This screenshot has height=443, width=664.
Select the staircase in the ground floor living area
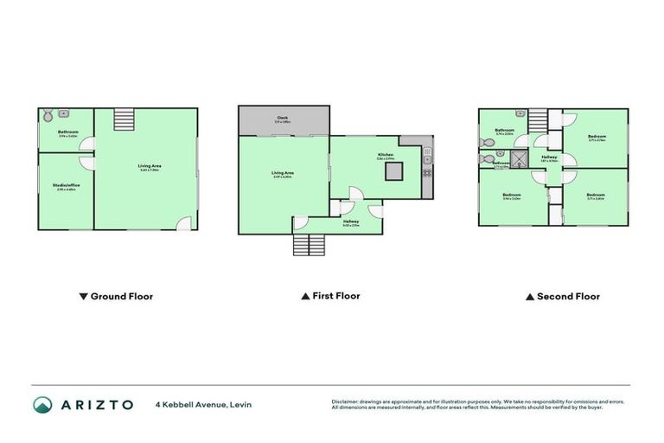[x=124, y=119]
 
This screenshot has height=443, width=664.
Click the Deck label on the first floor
[x=283, y=119]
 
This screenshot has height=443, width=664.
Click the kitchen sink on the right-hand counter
[x=427, y=158]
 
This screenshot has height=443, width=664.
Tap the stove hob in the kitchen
[x=427, y=173]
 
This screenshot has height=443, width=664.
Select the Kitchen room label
[x=385, y=155]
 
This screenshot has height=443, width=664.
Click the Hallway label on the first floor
[x=350, y=222]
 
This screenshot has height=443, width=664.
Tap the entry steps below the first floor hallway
[x=312, y=246]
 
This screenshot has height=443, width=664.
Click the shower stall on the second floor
[x=520, y=158]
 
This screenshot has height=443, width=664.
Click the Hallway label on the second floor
[x=549, y=156]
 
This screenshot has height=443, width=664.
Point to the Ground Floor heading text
[x=122, y=296]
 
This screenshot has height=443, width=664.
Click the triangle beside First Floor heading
[x=305, y=296]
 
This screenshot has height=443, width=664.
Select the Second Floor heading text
[x=568, y=296]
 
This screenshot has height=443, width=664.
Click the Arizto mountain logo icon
[x=42, y=405]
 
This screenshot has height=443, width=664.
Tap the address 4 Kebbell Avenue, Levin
[x=203, y=405]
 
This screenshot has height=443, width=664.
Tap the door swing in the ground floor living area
[x=184, y=223]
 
